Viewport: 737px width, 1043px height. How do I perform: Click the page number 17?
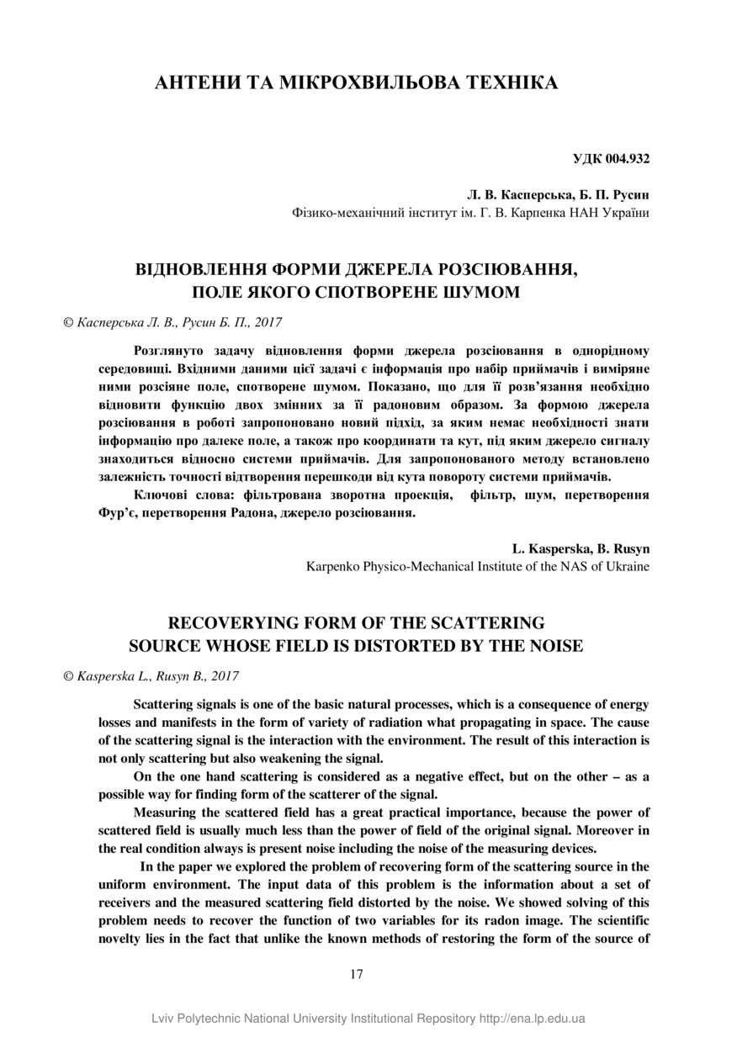point(357,973)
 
